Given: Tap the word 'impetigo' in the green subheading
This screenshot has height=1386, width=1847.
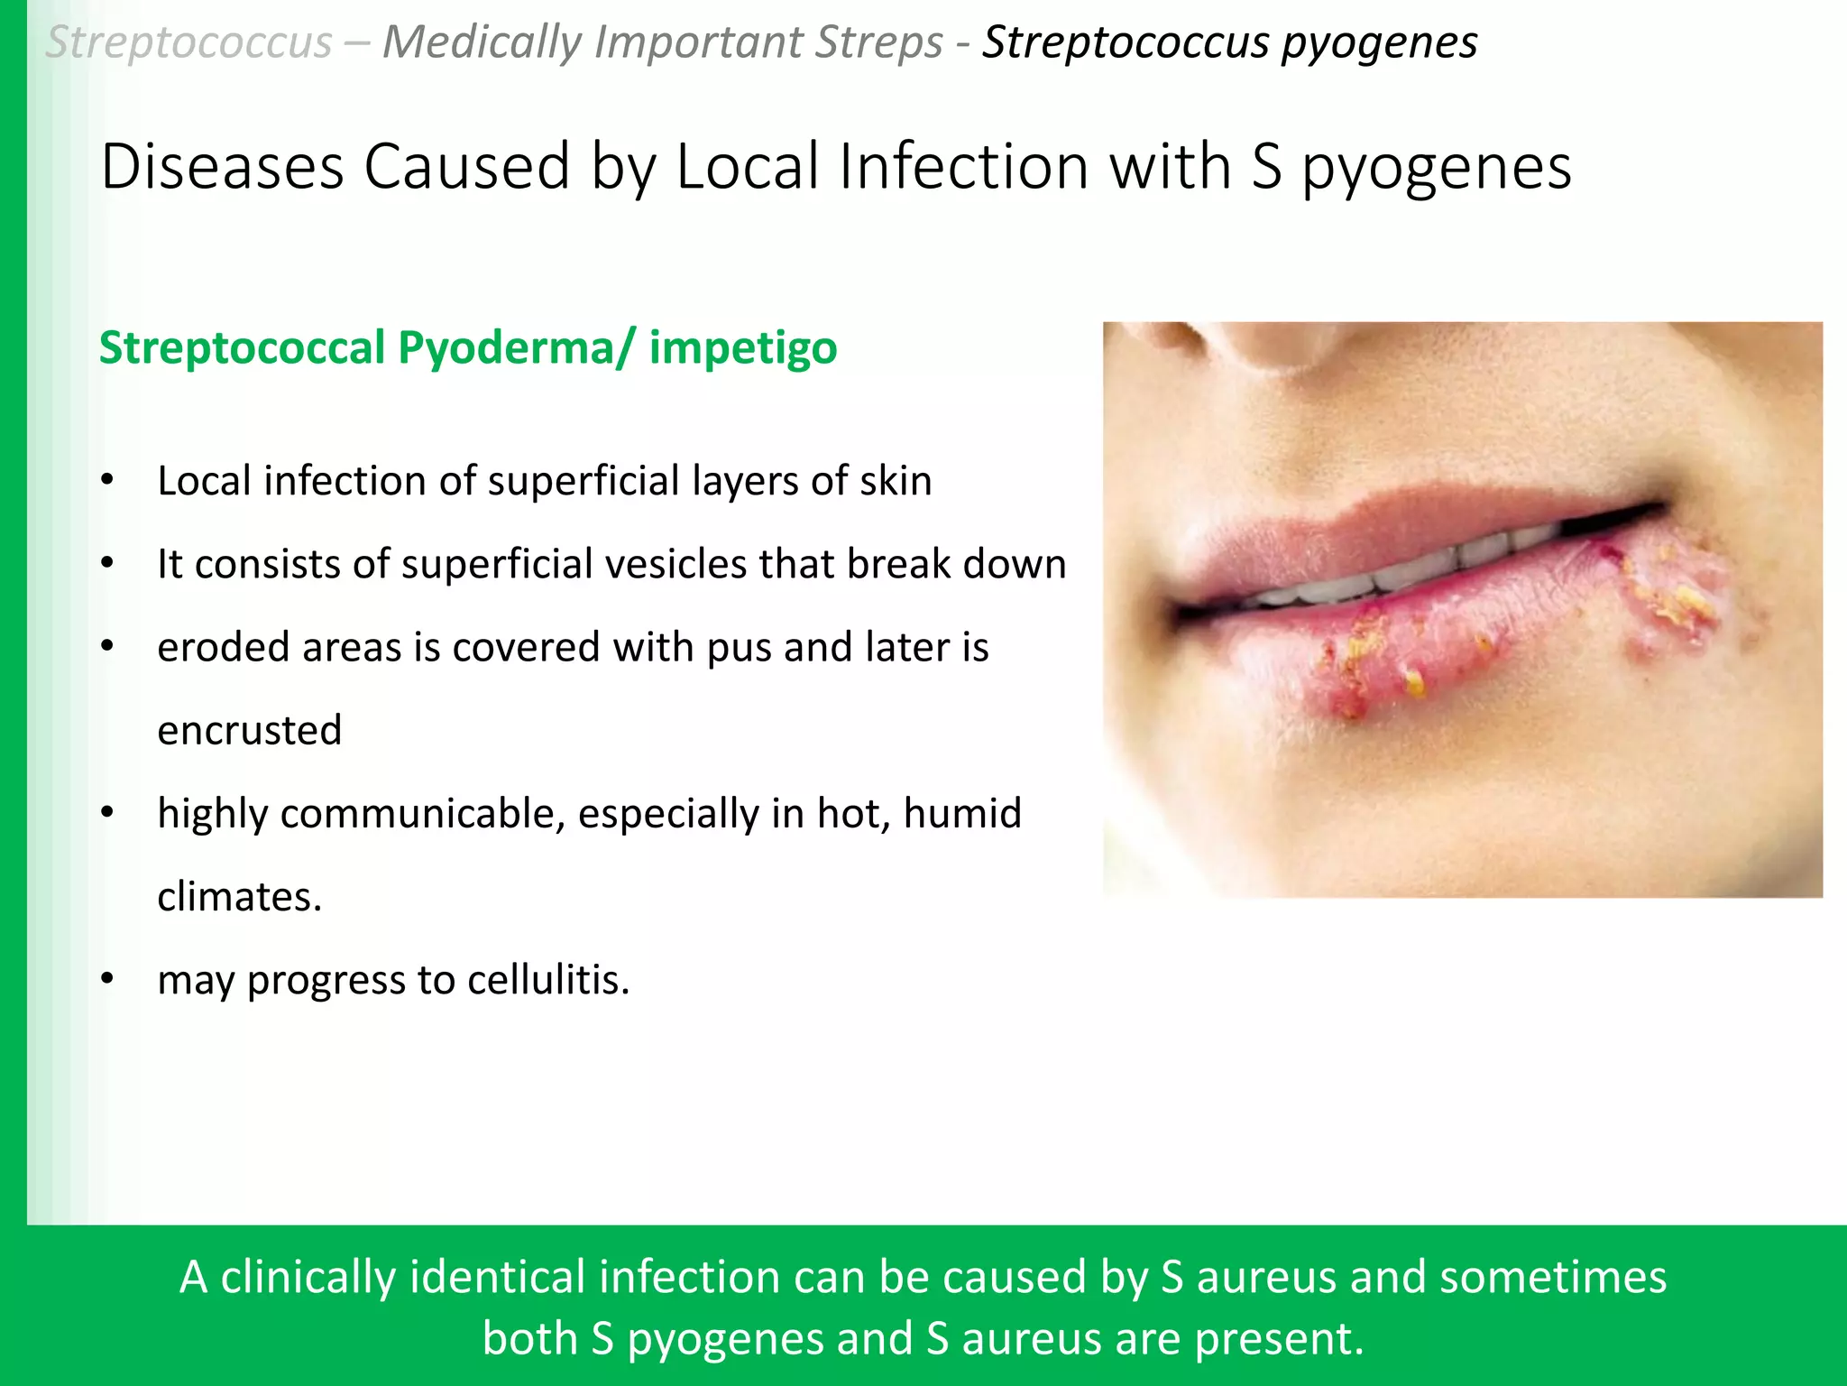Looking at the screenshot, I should point(742,349).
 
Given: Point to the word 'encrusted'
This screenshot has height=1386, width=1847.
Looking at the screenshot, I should point(250,730).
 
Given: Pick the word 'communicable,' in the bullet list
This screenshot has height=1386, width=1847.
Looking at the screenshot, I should point(422,814).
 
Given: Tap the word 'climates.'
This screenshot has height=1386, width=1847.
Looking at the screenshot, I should point(239,897).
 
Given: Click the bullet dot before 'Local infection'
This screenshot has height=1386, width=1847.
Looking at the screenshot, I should point(107,480).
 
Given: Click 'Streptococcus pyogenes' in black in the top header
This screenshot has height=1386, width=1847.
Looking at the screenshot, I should point(1229,42).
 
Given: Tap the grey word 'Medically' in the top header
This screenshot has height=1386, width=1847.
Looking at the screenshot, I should point(482,42).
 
